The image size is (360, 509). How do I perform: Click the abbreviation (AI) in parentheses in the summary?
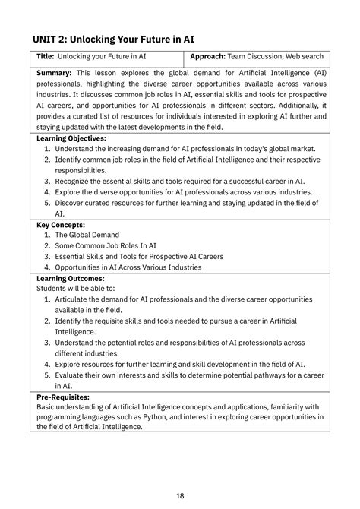tap(320, 74)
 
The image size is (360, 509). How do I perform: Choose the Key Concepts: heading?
tap(61, 225)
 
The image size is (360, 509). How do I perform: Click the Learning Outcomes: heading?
tap(70, 279)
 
